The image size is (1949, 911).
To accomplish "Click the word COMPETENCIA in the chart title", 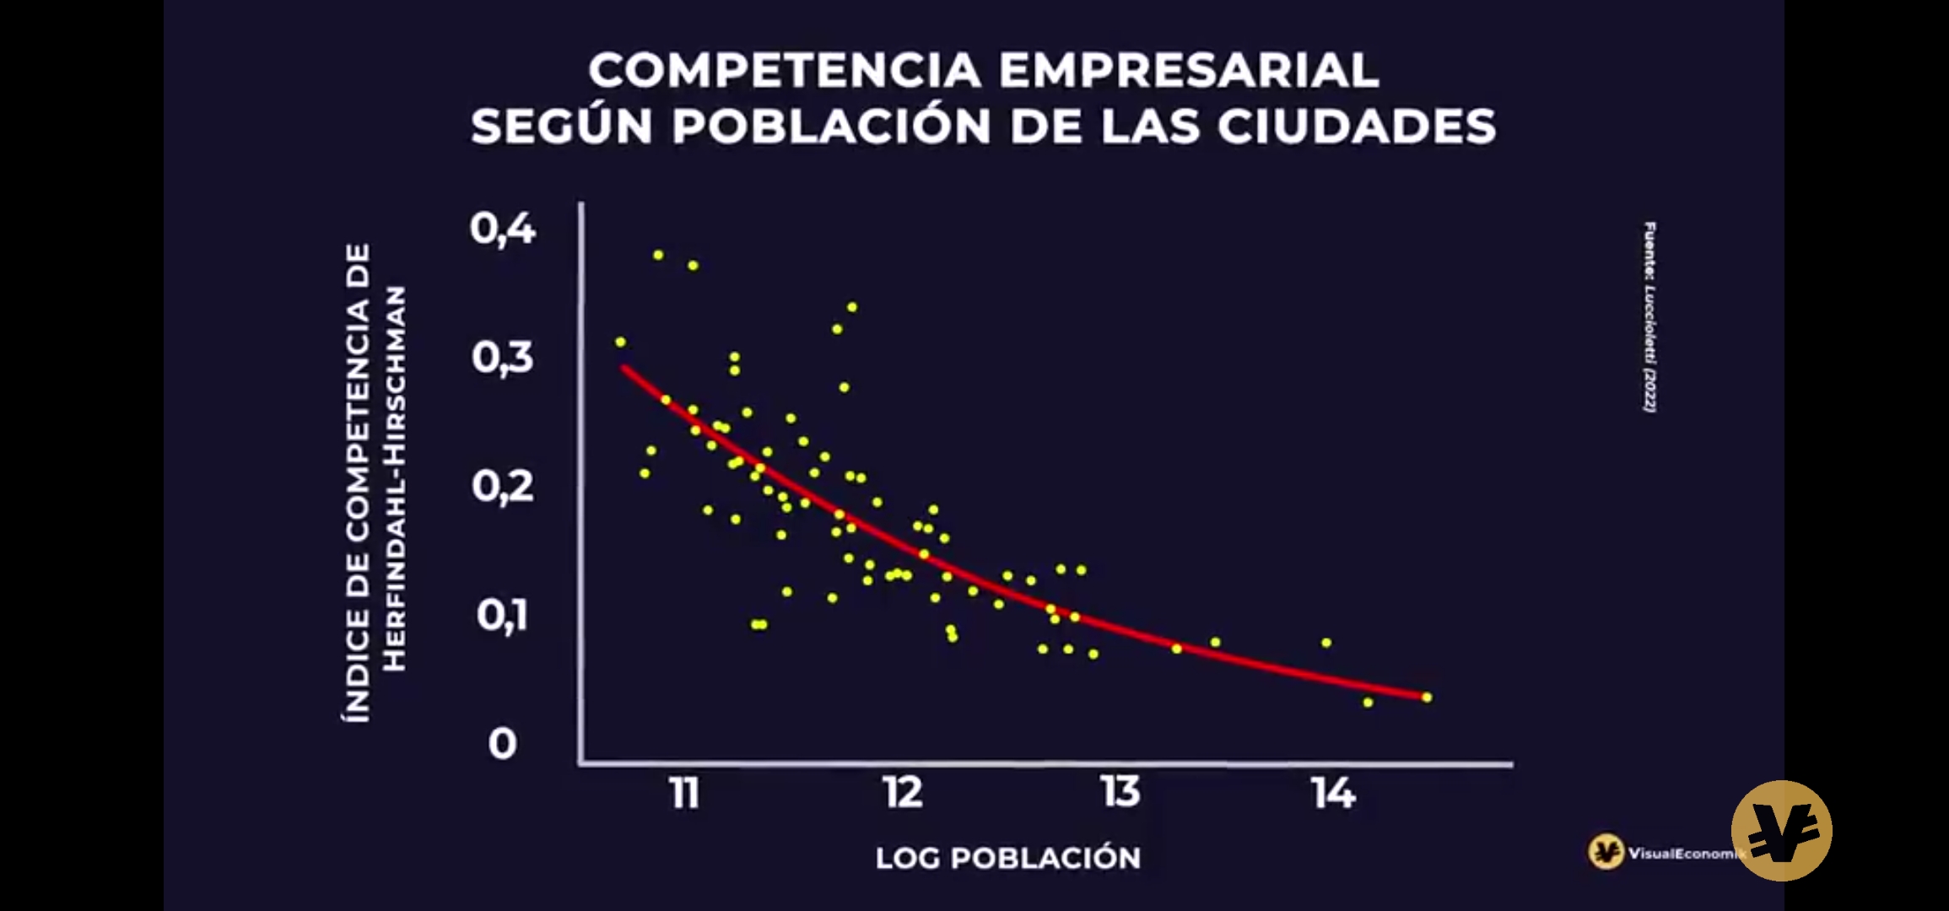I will (x=784, y=70).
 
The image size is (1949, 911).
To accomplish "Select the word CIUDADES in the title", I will (x=1356, y=127).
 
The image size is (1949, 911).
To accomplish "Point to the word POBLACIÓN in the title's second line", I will (x=831, y=127).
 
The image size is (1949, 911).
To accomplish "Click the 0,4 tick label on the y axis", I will (x=503, y=229).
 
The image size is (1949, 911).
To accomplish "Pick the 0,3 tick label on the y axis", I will (x=503, y=358).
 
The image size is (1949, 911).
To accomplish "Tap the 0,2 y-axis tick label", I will (x=503, y=487).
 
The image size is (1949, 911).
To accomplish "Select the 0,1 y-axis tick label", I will (x=503, y=615).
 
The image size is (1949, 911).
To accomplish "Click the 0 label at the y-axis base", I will (x=503, y=744).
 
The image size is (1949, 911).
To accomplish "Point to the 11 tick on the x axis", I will (x=684, y=794).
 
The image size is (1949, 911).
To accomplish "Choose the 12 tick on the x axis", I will (x=903, y=793).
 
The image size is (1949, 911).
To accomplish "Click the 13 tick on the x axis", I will (x=1120, y=793).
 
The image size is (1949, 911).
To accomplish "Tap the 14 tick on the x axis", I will (x=1334, y=794).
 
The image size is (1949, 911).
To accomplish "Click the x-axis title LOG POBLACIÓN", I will (x=1008, y=858).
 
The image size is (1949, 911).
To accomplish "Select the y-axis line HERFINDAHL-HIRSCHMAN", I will (x=395, y=478).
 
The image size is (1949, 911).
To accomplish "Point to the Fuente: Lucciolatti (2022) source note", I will (x=1649, y=317).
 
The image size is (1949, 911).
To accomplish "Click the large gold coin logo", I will (x=1781, y=831).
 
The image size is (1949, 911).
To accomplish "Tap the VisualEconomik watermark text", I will (x=1684, y=854).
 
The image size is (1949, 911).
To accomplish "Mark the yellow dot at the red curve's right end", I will (x=1427, y=698).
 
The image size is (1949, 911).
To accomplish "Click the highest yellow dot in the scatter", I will (x=658, y=255).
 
